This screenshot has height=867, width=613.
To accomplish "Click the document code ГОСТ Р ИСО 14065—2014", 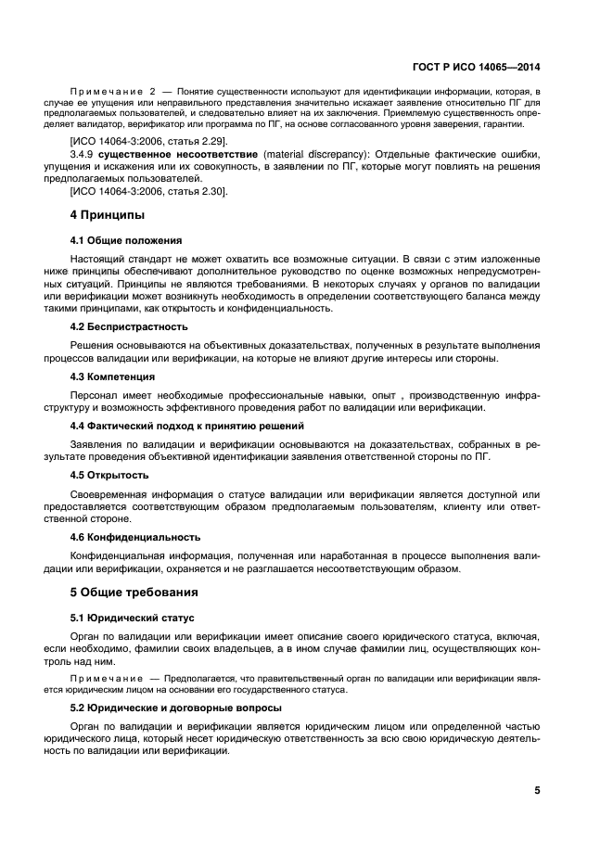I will coord(477,67).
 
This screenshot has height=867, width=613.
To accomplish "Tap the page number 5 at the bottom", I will coord(537,791).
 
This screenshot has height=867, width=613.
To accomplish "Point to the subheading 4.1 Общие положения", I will coord(126,240).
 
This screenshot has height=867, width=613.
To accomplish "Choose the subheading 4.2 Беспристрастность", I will coord(129,326).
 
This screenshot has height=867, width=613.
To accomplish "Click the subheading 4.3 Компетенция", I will coord(112,376).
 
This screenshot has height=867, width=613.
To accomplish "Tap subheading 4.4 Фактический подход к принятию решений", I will coord(187,426).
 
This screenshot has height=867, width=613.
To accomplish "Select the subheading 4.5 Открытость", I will coord(109,476).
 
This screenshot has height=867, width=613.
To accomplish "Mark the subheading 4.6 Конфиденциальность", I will coord(134,537).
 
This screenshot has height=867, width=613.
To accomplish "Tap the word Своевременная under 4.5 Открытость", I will coord(112,493).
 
